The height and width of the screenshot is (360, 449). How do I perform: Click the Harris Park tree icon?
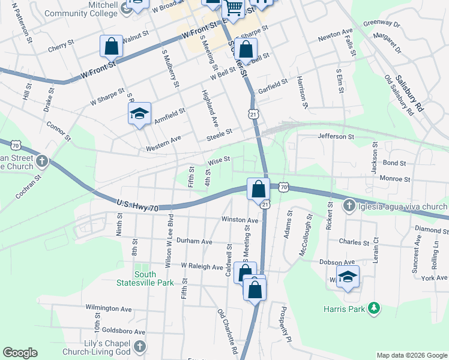375,308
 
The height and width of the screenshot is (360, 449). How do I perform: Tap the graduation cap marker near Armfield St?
139,113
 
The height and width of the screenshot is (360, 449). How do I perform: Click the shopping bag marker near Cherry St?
111,46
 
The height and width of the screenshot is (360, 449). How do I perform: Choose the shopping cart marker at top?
234,9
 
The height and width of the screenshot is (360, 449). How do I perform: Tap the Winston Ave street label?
240,220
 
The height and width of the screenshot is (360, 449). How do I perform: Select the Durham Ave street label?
194,241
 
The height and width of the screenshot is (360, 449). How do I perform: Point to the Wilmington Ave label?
108,309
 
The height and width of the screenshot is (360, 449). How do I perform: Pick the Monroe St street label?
395,179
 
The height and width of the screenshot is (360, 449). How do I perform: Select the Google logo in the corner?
20,353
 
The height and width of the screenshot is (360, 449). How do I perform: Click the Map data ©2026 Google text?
412,355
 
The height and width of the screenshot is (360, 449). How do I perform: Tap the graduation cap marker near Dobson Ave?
348,277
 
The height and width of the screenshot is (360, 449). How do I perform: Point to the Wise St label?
219,160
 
